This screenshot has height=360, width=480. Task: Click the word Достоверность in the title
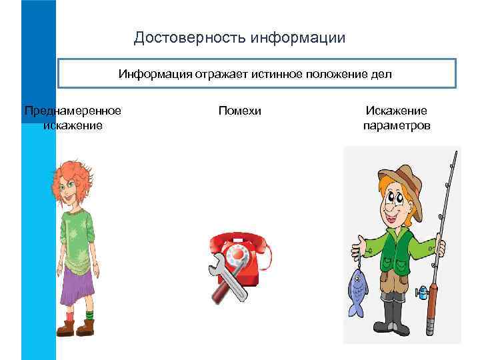[x=189, y=37]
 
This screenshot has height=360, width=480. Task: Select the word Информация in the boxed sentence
[x=155, y=73]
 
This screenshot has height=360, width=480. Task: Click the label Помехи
[x=239, y=111]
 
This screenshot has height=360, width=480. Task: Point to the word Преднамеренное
[x=73, y=111]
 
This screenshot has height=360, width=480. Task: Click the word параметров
[x=397, y=125]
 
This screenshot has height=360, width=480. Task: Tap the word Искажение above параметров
[x=397, y=111]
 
